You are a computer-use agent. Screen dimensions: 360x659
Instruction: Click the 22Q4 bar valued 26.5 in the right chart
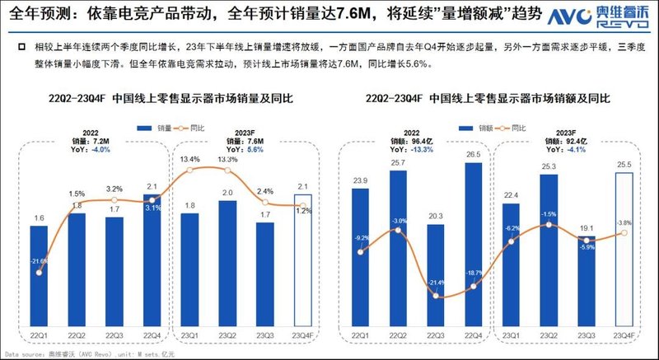[473, 244]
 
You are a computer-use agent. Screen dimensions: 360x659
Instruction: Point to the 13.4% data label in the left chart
[189, 158]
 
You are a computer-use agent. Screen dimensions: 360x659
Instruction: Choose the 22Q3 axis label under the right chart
[436, 334]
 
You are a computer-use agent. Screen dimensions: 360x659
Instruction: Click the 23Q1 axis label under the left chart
[189, 334]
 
